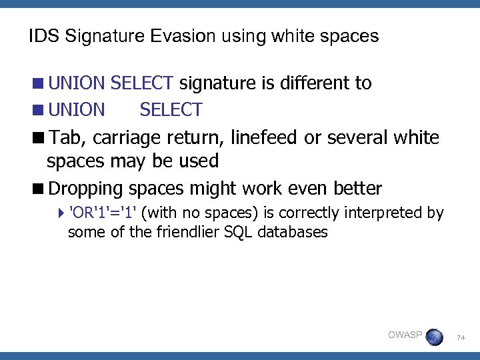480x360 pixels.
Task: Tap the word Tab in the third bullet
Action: [x=67, y=138]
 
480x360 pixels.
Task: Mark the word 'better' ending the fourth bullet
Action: [x=357, y=188]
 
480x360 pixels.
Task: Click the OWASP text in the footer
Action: [x=405, y=335]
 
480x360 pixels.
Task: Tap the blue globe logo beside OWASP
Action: [x=434, y=337]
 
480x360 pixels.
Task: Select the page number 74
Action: [x=461, y=339]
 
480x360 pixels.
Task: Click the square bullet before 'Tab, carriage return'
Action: [x=41, y=138]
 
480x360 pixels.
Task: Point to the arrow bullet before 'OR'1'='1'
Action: [x=62, y=214]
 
